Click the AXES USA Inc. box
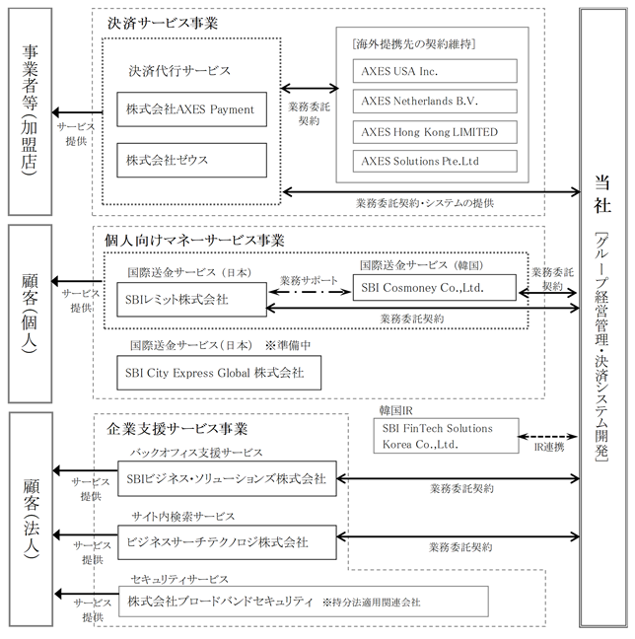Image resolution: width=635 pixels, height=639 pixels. tap(435, 71)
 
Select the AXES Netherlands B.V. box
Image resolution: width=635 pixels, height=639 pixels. tap(435, 101)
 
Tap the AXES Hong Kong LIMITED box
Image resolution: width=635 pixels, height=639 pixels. tap(435, 132)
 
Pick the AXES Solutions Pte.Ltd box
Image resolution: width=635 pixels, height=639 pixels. tap(435, 161)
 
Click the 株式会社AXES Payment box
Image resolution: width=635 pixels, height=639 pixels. tap(192, 109)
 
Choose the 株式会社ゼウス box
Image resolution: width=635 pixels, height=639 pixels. tap(192, 160)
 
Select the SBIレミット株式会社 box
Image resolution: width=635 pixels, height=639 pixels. tap(192, 300)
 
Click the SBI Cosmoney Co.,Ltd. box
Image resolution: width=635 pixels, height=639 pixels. tap(435, 288)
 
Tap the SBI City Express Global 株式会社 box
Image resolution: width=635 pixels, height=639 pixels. tap(219, 373)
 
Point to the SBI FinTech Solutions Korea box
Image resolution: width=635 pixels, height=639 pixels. tap(447, 436)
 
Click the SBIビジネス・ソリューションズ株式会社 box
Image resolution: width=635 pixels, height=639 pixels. tap(227, 478)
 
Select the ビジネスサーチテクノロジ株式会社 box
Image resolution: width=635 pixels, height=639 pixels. tap(227, 542)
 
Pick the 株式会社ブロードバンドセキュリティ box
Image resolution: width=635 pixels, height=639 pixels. tap(304, 602)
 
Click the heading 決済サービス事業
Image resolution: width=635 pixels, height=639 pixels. tap(163, 24)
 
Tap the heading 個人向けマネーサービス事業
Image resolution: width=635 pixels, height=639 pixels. tap(194, 241)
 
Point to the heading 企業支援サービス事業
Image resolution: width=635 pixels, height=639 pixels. tap(177, 429)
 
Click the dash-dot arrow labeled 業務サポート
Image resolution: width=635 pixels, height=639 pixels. tap(310, 292)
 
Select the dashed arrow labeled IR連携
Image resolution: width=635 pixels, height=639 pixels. tap(548, 437)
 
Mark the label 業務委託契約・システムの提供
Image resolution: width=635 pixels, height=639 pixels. tap(425, 203)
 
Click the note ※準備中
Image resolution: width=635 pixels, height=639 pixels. tap(288, 345)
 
